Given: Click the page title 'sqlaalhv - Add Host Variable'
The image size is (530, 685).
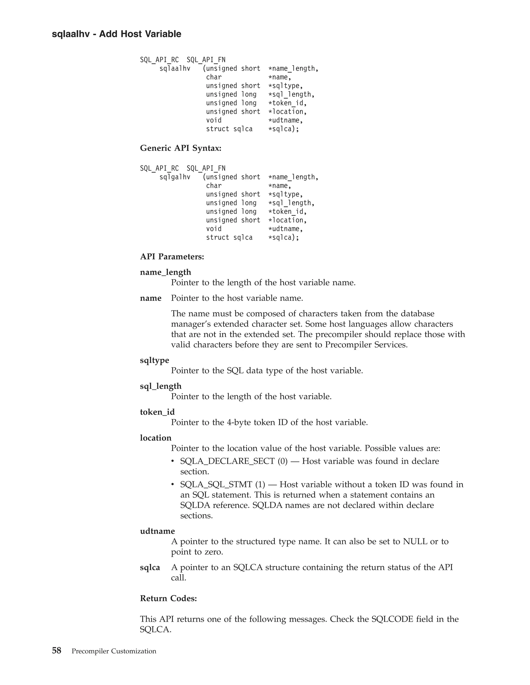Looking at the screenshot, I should click(x=116, y=34).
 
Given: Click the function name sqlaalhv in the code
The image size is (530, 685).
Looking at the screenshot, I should click(x=175, y=68).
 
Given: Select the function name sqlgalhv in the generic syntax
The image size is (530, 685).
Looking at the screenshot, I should click(x=175, y=177).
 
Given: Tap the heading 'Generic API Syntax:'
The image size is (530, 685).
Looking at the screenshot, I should click(x=181, y=148).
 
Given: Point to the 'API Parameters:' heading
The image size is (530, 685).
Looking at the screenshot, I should click(x=172, y=257).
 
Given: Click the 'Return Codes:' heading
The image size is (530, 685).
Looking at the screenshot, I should click(x=168, y=598).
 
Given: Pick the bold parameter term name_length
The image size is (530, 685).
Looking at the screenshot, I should click(x=165, y=272).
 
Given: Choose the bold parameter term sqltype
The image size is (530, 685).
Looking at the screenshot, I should click(x=154, y=360).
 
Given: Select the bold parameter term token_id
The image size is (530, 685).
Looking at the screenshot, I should click(x=157, y=412).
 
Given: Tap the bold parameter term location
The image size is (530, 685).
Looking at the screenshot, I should click(x=156, y=438).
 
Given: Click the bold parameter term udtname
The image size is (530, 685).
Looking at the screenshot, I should click(x=157, y=531).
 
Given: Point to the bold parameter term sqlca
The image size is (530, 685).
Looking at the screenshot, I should click(x=150, y=567).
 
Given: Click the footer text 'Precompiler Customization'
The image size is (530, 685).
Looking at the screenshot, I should click(x=114, y=651).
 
